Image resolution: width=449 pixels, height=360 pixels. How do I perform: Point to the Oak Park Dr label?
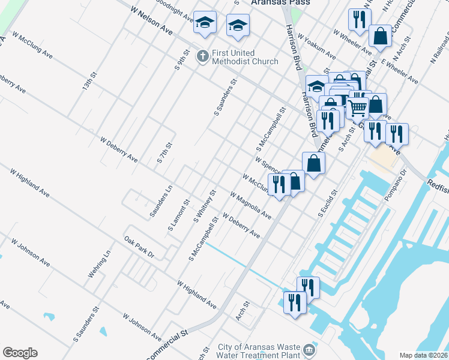(x=139, y=247)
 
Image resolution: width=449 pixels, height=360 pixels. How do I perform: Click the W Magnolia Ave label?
(x=251, y=205)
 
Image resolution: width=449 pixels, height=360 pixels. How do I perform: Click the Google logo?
(x=20, y=353)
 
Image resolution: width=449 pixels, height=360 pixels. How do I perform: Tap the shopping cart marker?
(x=358, y=109)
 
